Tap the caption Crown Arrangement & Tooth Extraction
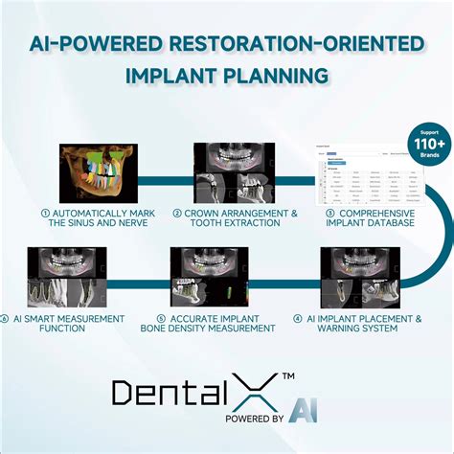(227, 218)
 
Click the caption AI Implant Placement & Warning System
(356, 324)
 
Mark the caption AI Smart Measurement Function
(61, 324)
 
